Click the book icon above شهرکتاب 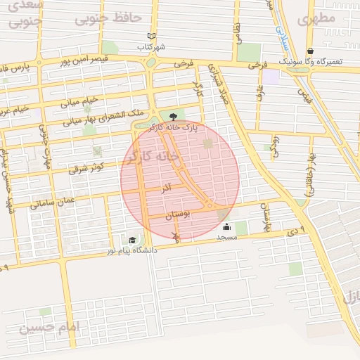click(152, 36)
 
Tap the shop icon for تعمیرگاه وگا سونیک click(311, 51)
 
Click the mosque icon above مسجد click(227, 226)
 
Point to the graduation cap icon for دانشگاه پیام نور click(132, 240)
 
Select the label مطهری click(316, 19)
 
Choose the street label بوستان click(179, 217)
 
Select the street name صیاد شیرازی click(219, 85)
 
